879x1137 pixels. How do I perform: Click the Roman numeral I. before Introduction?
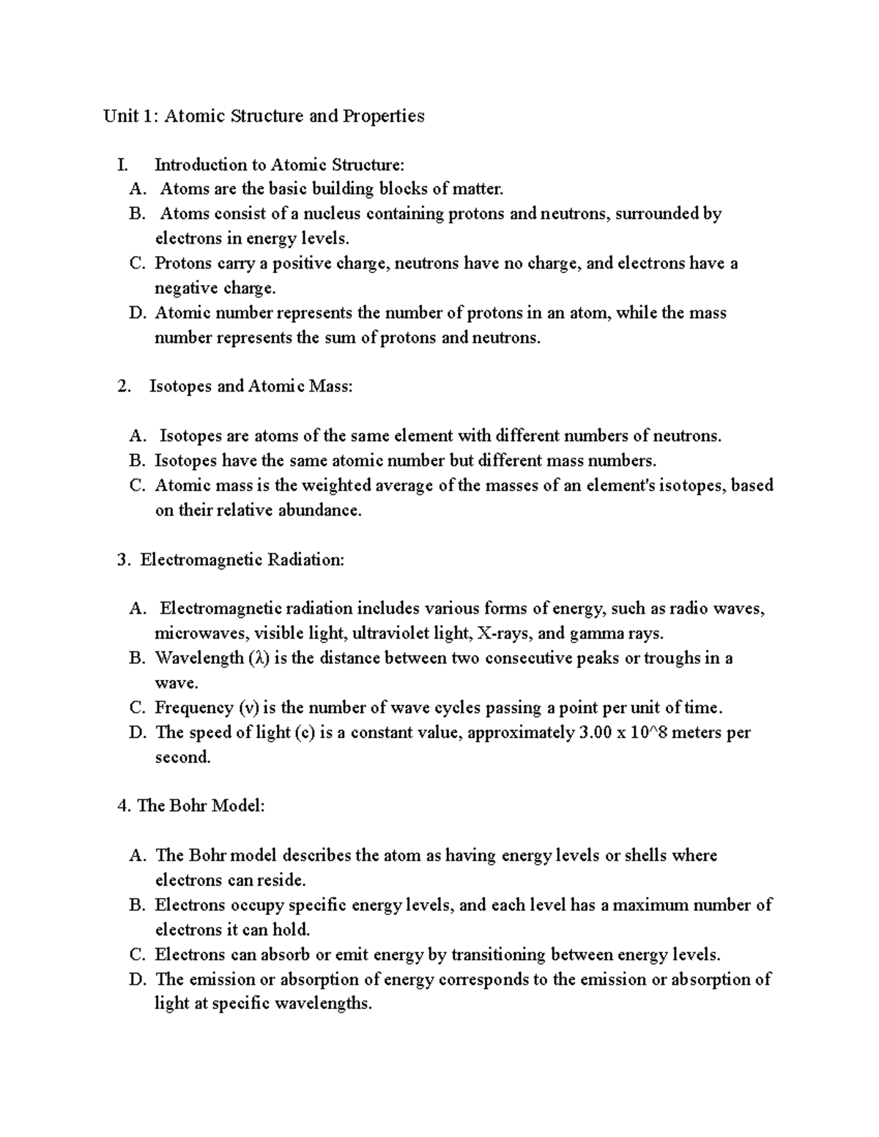122,165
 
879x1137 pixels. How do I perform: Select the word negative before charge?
182,288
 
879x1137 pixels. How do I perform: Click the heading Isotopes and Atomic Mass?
251,387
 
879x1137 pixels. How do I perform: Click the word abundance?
319,510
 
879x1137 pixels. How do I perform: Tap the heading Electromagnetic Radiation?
242,560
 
